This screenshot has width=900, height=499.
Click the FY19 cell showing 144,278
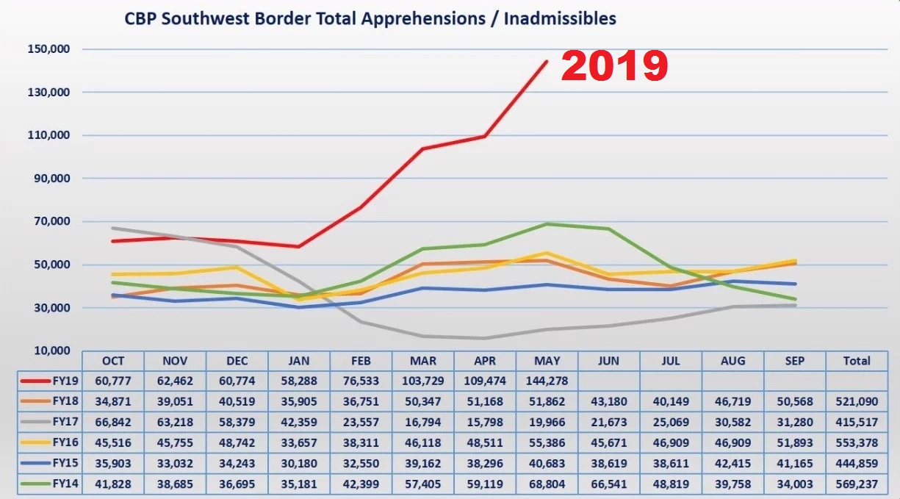point(547,381)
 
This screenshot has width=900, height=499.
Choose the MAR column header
point(423,361)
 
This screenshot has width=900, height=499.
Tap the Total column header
point(856,361)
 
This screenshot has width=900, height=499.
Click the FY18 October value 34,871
point(113,402)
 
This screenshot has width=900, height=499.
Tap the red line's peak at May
point(547,61)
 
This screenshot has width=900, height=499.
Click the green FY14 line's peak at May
point(547,223)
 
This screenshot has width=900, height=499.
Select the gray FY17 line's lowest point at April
point(485,338)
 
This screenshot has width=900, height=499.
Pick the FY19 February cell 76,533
point(361,381)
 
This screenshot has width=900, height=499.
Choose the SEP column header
point(794,361)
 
